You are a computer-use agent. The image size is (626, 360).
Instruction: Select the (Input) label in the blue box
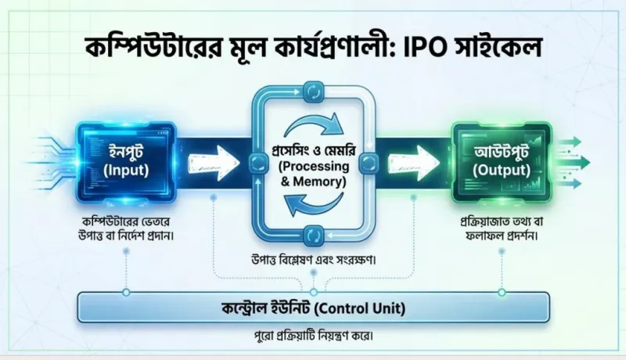pos(126,171)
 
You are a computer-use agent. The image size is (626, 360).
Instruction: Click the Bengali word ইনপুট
pos(126,153)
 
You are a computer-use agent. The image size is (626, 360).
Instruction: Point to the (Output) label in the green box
pos(502,171)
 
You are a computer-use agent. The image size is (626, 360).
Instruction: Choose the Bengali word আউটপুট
pos(502,153)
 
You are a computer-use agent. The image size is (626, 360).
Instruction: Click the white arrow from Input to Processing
pos(213,163)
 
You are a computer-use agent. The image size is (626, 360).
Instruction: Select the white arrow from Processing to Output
pos(414,163)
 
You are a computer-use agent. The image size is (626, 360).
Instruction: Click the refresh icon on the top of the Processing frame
pos(314,93)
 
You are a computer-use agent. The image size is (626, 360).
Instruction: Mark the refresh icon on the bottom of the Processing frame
pos(314,236)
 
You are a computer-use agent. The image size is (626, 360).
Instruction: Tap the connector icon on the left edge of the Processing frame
pos(257,163)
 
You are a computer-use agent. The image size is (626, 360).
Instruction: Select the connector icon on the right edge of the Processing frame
pos(369,163)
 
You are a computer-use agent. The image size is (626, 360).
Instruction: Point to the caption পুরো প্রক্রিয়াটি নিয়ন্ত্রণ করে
pos(314,336)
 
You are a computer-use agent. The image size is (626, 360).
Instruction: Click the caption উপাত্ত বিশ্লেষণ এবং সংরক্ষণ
pos(314,260)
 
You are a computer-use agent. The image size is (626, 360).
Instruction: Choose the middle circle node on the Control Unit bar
pos(314,293)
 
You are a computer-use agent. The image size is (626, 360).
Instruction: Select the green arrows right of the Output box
pos(573,162)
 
